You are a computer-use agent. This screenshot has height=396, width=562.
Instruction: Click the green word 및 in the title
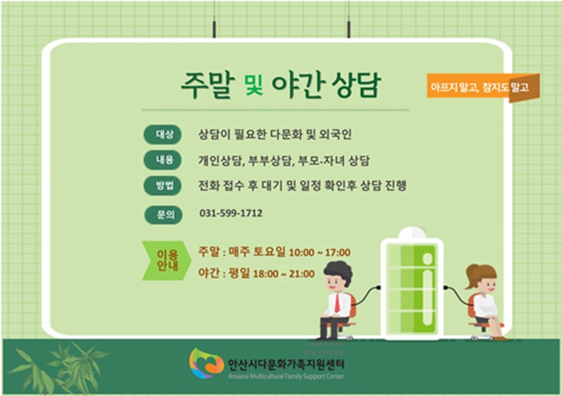coord(254,85)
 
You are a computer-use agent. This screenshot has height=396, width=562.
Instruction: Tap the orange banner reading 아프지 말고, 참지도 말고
coord(483,87)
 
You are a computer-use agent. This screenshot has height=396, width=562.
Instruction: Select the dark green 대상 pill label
coord(163,135)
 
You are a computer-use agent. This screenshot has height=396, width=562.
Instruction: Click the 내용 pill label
coord(163,160)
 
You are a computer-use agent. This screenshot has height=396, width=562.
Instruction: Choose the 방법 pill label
coord(163,186)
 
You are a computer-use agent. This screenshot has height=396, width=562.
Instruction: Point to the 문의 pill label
coord(164,215)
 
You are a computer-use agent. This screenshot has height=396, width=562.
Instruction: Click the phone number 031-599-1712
coord(231,213)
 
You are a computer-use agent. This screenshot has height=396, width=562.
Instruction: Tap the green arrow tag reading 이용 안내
coord(166,261)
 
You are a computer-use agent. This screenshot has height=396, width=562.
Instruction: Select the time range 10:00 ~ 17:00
coord(320,253)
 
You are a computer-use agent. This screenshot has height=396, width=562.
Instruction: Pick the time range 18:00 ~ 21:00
coord(284,274)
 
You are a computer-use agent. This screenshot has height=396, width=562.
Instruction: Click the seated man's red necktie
coord(337,303)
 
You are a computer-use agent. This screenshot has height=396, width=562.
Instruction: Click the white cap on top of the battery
coord(412,232)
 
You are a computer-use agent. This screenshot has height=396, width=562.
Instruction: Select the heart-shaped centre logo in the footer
coord(206,363)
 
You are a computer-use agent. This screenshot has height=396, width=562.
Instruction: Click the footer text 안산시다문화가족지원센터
coord(286,365)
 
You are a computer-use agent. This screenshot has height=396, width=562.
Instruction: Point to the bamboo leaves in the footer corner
coord(57,369)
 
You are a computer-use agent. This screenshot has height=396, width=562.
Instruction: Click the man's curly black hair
coord(338,271)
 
